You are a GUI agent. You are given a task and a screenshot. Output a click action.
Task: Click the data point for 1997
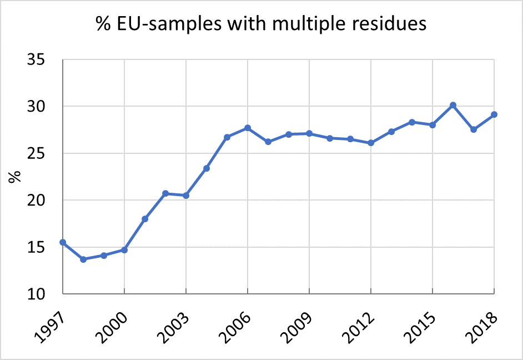point(63,242)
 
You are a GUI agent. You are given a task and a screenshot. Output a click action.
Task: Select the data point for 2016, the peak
point(453,105)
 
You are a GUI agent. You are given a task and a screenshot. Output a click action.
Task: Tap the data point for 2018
point(494,114)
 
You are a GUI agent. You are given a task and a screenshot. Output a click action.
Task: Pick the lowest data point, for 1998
point(83,259)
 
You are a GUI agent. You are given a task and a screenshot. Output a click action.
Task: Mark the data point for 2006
point(248,128)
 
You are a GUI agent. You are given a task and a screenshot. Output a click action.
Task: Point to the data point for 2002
point(165,193)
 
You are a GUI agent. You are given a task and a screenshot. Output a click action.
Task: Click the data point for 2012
point(371,143)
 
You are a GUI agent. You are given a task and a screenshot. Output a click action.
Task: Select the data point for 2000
point(124,250)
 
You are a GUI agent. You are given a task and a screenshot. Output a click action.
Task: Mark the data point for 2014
point(412,122)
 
